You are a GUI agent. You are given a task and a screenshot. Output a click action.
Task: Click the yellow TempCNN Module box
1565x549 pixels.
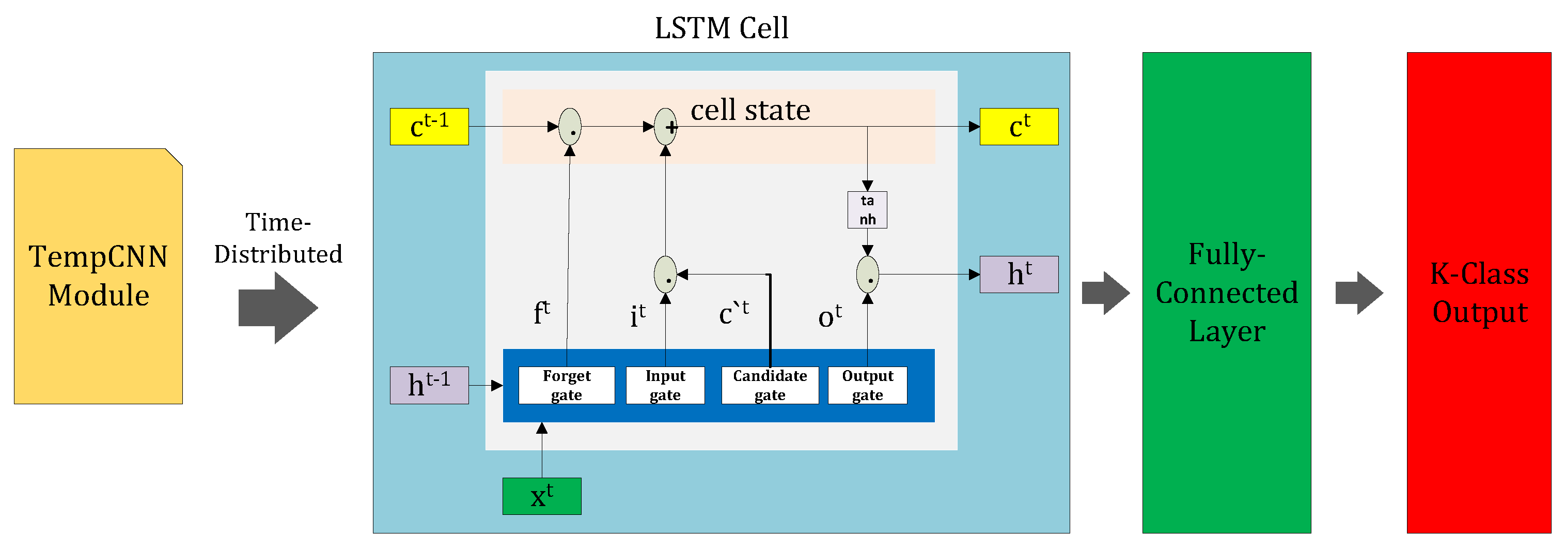pos(98,277)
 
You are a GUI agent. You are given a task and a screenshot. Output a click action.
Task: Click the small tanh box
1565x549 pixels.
pos(867,210)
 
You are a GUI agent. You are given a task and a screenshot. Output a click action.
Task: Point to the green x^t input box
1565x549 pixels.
pos(541,497)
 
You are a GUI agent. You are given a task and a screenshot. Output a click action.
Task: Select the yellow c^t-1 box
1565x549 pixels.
pos(429,127)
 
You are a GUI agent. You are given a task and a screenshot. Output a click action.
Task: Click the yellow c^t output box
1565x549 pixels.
pos(1019,127)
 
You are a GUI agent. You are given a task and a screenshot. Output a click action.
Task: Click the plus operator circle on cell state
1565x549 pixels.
pos(665,127)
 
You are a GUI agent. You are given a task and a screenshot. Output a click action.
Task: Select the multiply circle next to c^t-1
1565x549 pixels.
pos(570,127)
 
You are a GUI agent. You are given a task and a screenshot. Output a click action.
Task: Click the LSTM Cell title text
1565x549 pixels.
pos(721,28)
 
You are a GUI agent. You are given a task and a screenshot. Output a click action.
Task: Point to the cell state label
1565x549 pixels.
pos(750,110)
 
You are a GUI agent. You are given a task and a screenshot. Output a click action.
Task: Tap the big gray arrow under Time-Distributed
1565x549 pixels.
pos(278,308)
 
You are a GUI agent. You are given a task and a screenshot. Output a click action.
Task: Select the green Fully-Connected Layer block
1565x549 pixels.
pos(1227,293)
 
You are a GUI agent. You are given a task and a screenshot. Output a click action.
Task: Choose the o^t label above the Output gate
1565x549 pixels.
pos(830,316)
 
